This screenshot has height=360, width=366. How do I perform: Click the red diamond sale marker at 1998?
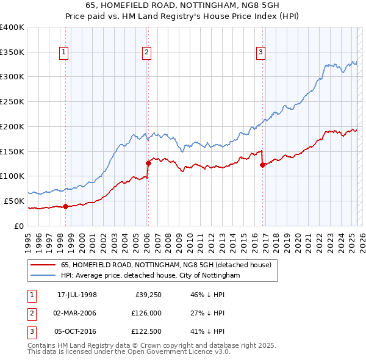[x=65, y=206]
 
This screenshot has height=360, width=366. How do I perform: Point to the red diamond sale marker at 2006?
[x=148, y=163]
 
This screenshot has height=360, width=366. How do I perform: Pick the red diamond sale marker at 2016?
[x=262, y=165]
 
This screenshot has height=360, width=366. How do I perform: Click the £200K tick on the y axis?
[x=12, y=126]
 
